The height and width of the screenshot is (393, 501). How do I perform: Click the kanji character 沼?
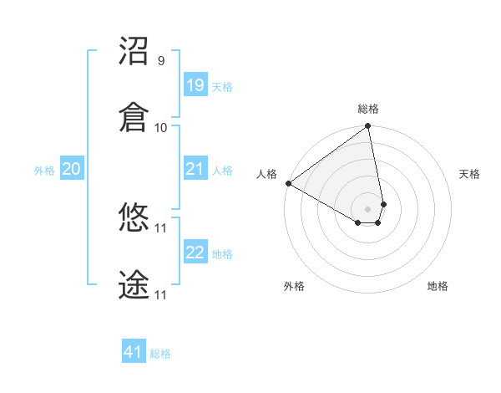point(134,51)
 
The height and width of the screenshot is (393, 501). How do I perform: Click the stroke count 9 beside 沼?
point(161,61)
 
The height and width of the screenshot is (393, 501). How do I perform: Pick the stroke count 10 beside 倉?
point(161,128)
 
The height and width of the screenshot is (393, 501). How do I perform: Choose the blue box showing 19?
point(195,84)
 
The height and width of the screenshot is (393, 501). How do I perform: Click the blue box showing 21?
point(195,169)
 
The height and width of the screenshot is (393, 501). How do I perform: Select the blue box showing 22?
point(195,253)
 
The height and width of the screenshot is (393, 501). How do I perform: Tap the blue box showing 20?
point(72,169)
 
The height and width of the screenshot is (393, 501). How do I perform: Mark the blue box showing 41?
point(134,352)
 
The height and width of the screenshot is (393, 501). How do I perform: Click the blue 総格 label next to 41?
point(160,354)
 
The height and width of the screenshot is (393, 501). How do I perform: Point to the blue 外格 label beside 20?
point(44,171)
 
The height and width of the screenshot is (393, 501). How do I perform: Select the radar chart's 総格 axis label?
point(368,109)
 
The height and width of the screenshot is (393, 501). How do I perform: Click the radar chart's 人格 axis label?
point(267,174)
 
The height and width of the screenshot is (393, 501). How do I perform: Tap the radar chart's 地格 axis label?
point(438,286)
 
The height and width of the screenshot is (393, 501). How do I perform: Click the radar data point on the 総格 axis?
point(368,127)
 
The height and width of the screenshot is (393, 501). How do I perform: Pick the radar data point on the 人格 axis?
point(288,183)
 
